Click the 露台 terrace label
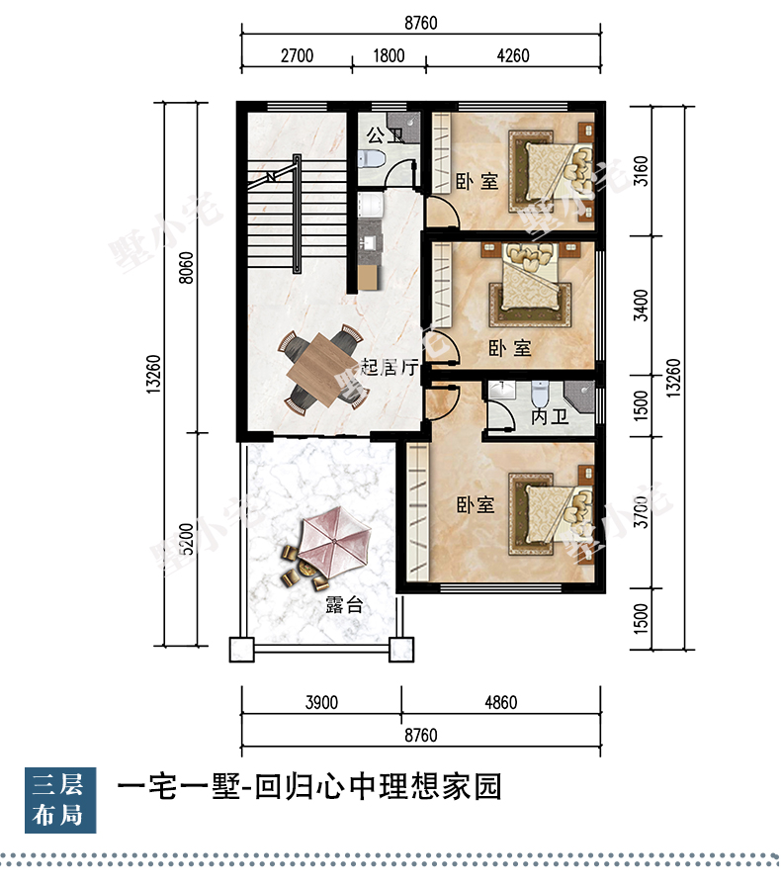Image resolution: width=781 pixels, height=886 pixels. pos(344,605)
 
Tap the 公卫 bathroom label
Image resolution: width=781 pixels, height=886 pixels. pos(385,135)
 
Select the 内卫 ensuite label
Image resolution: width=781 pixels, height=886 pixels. pos(550,417)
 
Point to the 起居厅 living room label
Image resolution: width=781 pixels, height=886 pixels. pos(390,367)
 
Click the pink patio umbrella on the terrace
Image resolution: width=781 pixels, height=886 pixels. pos(333,541)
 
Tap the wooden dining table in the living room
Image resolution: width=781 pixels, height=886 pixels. pos(322,370)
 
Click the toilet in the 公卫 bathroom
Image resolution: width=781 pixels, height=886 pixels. pos(372,158)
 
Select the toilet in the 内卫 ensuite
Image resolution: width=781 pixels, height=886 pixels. pos(540,395)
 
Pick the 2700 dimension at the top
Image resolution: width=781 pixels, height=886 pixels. pos(297,56)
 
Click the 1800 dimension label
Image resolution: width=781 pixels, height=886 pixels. pos(389,56)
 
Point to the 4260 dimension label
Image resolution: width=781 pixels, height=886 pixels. pos(513,56)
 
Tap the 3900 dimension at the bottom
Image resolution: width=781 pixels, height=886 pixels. pos(321,702)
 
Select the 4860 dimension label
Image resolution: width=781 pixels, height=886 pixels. pos(501,702)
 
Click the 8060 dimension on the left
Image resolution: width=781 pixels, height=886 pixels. pos(185,268)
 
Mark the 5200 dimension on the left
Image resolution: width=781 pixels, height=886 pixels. pos(185,539)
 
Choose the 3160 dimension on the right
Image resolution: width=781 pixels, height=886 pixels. pos(641,171)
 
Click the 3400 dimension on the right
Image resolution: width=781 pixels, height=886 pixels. pos(641,306)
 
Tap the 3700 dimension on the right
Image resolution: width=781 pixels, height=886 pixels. pos(641,512)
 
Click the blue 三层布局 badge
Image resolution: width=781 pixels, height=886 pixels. pos(60,800)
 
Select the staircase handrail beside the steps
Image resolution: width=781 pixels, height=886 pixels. pos(297,214)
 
